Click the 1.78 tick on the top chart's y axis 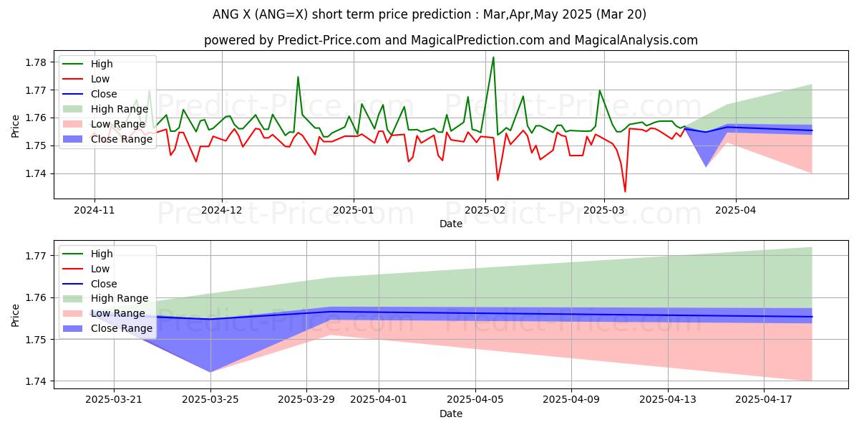point(36,62)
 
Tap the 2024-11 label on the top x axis point(94,210)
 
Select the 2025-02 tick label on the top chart point(485,210)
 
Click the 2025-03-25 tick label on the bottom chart point(210,399)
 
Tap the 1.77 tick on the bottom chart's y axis point(36,256)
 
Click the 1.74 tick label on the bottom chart point(36,381)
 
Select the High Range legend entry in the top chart point(120,109)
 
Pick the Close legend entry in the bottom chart point(105,284)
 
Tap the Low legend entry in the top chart point(100,79)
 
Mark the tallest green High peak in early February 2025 point(493,57)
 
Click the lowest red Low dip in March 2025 point(625,191)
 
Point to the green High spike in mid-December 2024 point(298,77)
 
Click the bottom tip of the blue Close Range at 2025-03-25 point(210,372)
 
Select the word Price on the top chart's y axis point(16,125)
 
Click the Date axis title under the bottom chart point(451,414)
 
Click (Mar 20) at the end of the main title point(620,14)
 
